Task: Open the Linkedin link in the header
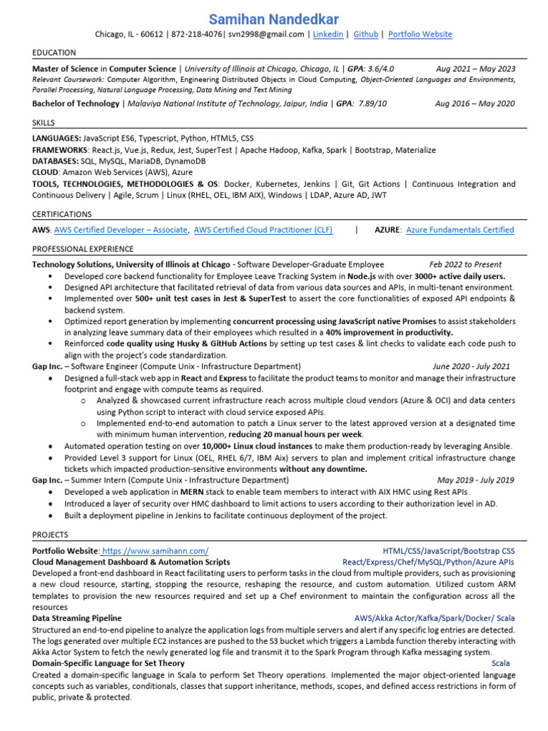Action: coord(328,34)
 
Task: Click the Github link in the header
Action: coord(366,34)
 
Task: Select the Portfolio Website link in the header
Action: coord(420,34)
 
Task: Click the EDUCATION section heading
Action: coord(54,53)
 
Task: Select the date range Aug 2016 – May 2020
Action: coord(475,104)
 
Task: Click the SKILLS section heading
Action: coord(44,123)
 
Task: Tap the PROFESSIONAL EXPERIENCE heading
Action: coord(83,249)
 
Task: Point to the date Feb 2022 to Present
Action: coord(465,264)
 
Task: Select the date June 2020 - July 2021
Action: coord(471,366)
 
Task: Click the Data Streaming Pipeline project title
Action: coord(77,617)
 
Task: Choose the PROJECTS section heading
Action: coord(51,535)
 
